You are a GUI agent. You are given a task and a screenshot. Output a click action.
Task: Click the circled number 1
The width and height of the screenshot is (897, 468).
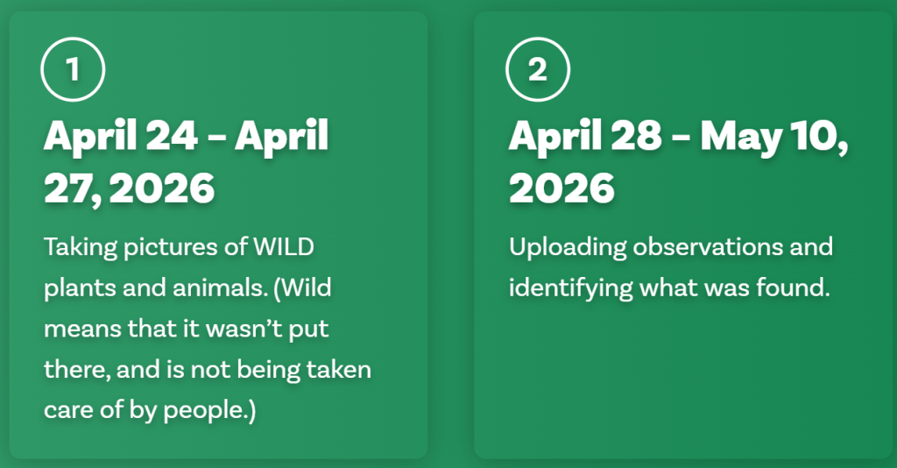coord(73,69)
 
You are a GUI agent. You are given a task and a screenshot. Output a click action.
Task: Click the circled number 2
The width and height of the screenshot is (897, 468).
coord(538,69)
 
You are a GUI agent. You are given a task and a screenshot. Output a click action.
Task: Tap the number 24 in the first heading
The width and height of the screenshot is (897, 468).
coord(172,136)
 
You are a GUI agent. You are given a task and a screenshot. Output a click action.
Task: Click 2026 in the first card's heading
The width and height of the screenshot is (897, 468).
coord(162,188)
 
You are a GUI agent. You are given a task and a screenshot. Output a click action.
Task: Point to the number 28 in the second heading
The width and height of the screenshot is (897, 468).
coord(636,136)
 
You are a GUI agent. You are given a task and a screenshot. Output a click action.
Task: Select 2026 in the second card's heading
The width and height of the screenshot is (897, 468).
coord(562,188)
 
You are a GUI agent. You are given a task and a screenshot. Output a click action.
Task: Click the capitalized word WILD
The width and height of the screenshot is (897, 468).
coord(284,246)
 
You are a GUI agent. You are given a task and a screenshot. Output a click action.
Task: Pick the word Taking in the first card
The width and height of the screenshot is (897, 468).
coord(81,248)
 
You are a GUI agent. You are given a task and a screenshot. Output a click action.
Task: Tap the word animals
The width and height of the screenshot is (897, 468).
coord(220,287)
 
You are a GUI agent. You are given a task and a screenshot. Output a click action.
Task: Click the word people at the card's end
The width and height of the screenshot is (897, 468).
coord(205,411)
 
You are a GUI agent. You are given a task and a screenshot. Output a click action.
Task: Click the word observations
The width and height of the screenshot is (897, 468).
coord(708,246)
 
